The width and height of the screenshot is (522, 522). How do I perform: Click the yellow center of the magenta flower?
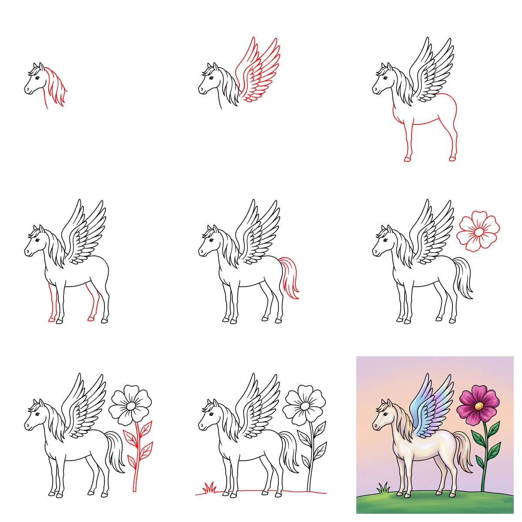click(478, 405)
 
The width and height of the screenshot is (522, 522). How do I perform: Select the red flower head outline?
click(478, 232)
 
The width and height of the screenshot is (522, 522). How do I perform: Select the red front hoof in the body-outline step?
click(407, 159)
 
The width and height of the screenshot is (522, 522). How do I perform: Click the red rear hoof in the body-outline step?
click(452, 158)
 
